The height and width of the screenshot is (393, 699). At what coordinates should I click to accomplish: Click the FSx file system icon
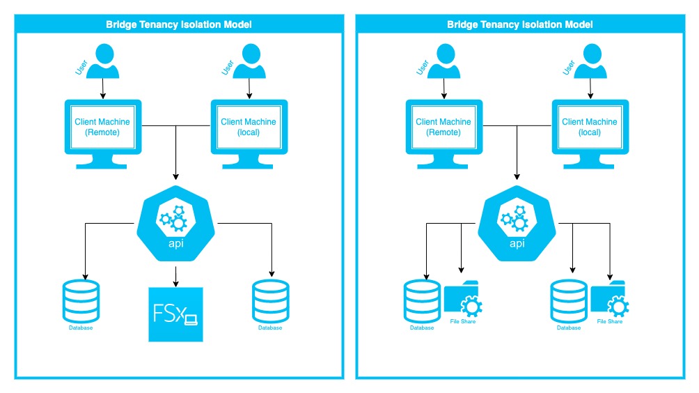[176, 314]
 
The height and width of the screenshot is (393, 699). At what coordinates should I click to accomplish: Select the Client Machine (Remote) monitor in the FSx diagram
[102, 129]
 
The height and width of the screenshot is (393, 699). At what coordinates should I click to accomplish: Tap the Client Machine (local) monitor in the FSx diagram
[249, 129]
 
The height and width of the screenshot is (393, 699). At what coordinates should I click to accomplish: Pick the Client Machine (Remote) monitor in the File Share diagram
[443, 129]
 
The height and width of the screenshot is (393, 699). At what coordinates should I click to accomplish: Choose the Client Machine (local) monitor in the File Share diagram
[590, 129]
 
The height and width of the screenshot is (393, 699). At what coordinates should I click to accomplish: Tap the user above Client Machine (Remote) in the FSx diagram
[103, 61]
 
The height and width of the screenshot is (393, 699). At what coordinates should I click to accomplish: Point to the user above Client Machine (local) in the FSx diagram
[249, 61]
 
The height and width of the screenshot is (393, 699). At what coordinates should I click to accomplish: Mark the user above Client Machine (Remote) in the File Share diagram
[444, 61]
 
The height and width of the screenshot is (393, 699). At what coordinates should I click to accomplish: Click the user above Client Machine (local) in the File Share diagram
[590, 61]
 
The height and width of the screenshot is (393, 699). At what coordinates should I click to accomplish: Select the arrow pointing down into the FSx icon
[175, 277]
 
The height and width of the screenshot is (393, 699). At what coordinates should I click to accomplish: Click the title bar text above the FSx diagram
[179, 24]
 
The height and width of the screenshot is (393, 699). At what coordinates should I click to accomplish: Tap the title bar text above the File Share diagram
[520, 24]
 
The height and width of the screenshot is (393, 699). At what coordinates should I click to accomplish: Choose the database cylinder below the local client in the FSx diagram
[270, 300]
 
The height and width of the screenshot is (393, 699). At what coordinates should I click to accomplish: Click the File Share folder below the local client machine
[609, 298]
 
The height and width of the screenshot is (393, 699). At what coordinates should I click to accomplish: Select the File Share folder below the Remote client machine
[463, 298]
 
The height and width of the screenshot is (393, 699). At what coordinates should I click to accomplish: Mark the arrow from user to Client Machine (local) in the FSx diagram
[249, 88]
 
